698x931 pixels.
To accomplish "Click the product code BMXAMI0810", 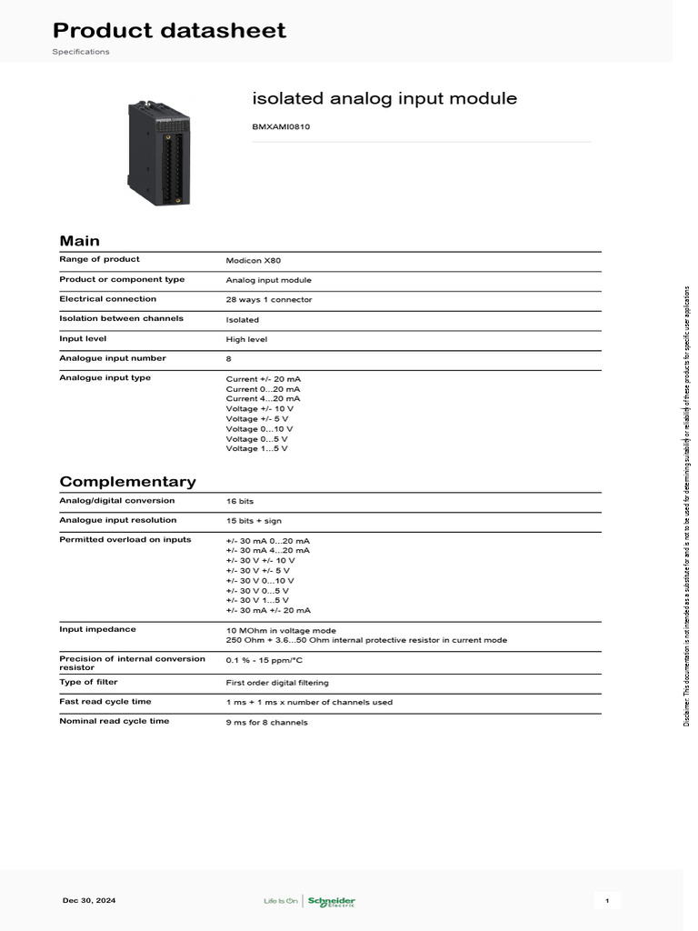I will pos(281,127).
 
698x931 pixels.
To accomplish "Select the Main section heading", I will pos(80,241).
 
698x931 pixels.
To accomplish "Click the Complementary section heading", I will pos(127,482).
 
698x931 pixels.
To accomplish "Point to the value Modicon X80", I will pos(247,260).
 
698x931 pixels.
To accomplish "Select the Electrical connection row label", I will pos(107,299).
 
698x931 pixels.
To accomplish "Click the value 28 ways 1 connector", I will pos(269,299).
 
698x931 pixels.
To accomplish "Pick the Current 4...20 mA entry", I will pos(263,398).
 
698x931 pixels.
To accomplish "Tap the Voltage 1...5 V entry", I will pos(257,448).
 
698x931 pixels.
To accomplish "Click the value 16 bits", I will pos(241,501).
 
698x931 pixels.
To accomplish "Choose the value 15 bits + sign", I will pos(253,521).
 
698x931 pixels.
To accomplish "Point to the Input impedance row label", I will pos(97,628).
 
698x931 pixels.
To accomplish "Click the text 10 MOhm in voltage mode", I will pos(281,629).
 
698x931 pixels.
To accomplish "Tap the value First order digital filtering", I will pos(277,682).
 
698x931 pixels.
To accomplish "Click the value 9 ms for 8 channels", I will pos(266,722).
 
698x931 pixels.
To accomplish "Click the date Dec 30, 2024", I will pos(89,900).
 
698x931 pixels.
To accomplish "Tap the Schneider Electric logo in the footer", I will pos(331,901).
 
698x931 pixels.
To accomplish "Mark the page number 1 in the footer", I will pos(607,900).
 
